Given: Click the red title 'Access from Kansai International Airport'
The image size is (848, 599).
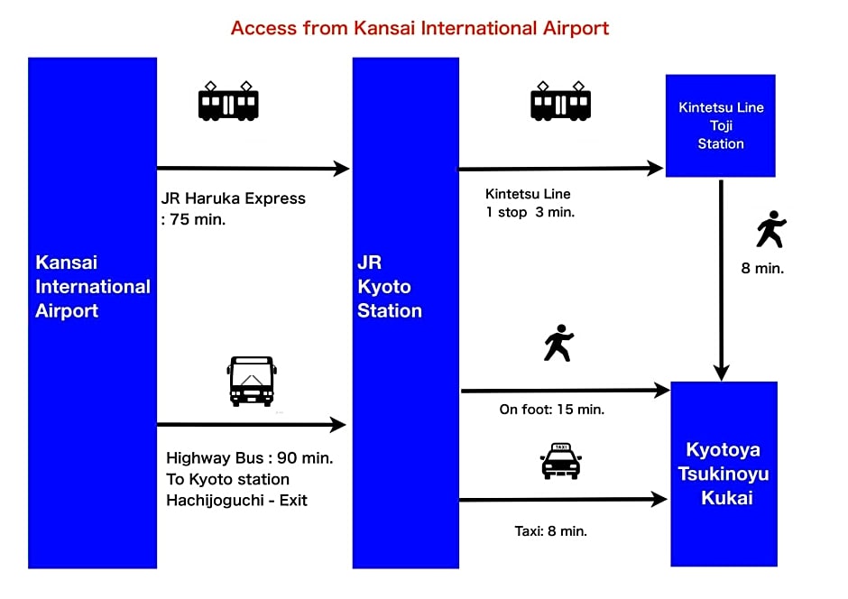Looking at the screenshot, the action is click(x=419, y=28).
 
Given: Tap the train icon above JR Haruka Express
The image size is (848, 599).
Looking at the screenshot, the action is click(x=228, y=101).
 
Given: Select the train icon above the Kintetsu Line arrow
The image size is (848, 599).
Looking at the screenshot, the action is click(x=560, y=101).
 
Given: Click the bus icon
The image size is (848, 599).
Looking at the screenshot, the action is click(x=252, y=381).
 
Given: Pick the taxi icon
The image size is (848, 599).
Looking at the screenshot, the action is click(x=561, y=461).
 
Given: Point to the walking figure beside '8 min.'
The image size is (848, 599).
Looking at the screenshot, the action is click(x=771, y=228).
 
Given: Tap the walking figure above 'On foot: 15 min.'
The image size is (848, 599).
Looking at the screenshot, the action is click(x=559, y=343).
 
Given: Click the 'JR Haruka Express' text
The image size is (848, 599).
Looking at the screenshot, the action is click(x=233, y=198).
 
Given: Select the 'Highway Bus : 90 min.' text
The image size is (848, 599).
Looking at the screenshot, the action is click(x=249, y=458).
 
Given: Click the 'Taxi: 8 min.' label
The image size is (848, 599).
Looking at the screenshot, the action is click(x=550, y=530).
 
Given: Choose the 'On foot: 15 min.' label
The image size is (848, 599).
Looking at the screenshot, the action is click(x=551, y=410).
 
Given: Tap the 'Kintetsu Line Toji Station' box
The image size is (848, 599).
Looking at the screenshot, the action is click(x=721, y=125).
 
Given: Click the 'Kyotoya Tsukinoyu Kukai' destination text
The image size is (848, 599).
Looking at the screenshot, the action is click(x=724, y=474).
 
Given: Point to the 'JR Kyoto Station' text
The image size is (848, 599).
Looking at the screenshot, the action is click(x=390, y=287).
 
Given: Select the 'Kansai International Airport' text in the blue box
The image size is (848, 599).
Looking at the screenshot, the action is click(x=93, y=287).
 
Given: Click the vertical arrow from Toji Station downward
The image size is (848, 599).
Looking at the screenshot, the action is click(x=721, y=280).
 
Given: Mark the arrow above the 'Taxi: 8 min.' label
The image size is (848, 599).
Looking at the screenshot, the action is click(x=563, y=500).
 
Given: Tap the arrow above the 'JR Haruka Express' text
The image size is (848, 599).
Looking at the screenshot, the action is click(x=253, y=169).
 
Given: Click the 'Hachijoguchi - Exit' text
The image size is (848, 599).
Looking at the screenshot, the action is click(x=236, y=500).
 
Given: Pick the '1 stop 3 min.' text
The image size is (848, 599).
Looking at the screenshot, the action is click(x=530, y=213).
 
